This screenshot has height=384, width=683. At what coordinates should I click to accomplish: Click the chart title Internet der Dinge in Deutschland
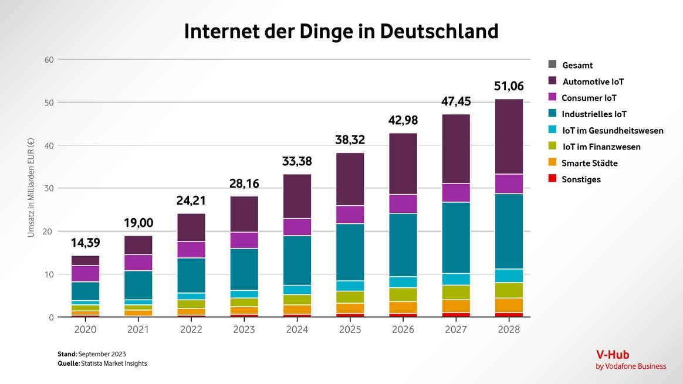tap(341, 31)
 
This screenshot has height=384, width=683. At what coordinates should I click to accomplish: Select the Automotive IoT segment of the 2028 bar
tap(509, 137)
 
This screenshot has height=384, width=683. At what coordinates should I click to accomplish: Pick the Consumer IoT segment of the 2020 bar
tap(85, 274)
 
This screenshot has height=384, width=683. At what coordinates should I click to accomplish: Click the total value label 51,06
tap(509, 87)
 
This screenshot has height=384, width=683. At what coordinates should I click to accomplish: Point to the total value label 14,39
tap(85, 243)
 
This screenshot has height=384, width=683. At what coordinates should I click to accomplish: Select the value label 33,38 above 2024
tap(296, 161)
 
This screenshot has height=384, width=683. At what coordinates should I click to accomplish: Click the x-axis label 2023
tap(244, 329)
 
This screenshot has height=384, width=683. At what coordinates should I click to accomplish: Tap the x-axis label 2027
tap(456, 329)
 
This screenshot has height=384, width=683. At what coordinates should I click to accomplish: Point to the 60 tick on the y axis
tap(49, 60)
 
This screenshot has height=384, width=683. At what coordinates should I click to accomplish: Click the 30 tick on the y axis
tap(49, 188)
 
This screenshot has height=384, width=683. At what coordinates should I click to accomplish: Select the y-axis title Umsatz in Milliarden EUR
tap(31, 188)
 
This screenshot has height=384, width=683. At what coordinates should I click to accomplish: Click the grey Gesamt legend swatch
tap(552, 65)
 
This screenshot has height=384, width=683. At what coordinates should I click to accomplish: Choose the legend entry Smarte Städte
tap(589, 164)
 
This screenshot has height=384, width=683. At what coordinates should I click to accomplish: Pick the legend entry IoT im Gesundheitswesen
tap(613, 131)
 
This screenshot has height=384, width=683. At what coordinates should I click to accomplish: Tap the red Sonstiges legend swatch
tap(552, 179)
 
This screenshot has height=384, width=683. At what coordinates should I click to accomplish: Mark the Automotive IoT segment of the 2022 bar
tap(191, 227)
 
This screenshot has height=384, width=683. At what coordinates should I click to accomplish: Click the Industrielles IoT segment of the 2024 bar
tap(296, 260)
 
